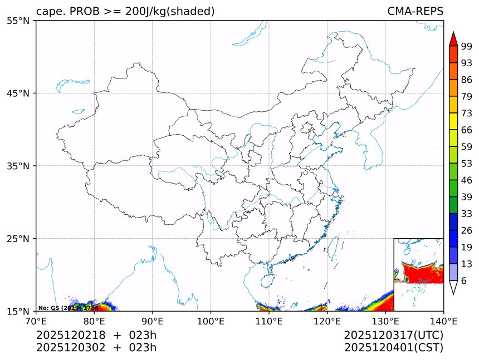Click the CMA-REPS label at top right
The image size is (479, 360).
415,11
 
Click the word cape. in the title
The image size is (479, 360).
50,11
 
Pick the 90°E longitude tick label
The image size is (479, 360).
153,320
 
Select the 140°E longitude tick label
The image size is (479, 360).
443,320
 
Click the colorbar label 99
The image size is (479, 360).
466,46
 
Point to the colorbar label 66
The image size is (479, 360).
466,130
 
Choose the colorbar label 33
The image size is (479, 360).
466,214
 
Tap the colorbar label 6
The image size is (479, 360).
463,281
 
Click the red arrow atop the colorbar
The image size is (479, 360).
453,39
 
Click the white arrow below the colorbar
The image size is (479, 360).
453,287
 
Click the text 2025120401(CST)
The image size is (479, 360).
393,348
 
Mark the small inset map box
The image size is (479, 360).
418,274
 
